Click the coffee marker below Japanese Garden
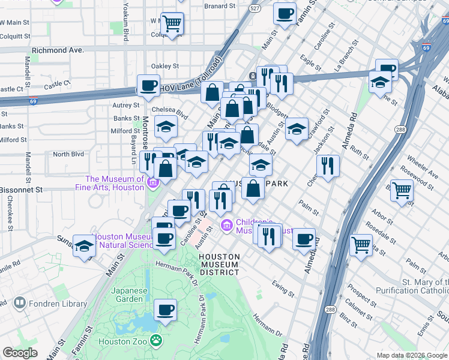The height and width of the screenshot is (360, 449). pyautogui.click(x=165, y=310)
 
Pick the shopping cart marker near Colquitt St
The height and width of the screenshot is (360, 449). pyautogui.click(x=172, y=24)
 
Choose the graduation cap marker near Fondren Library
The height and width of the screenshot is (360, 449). pyautogui.click(x=84, y=246)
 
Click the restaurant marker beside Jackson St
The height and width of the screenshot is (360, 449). pyautogui.click(x=327, y=166)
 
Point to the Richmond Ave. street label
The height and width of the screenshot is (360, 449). pyautogui.click(x=58, y=50)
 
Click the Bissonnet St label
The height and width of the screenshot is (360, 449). pyautogui.click(x=22, y=189)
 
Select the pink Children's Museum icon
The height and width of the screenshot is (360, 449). pyautogui.click(x=227, y=226)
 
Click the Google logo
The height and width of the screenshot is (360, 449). pyautogui.click(x=20, y=353)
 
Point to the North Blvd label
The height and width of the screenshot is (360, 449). pyautogui.click(x=68, y=154)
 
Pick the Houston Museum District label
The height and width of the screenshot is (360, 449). pyautogui.click(x=219, y=264)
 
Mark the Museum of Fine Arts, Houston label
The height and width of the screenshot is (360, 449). pyautogui.click(x=115, y=183)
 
